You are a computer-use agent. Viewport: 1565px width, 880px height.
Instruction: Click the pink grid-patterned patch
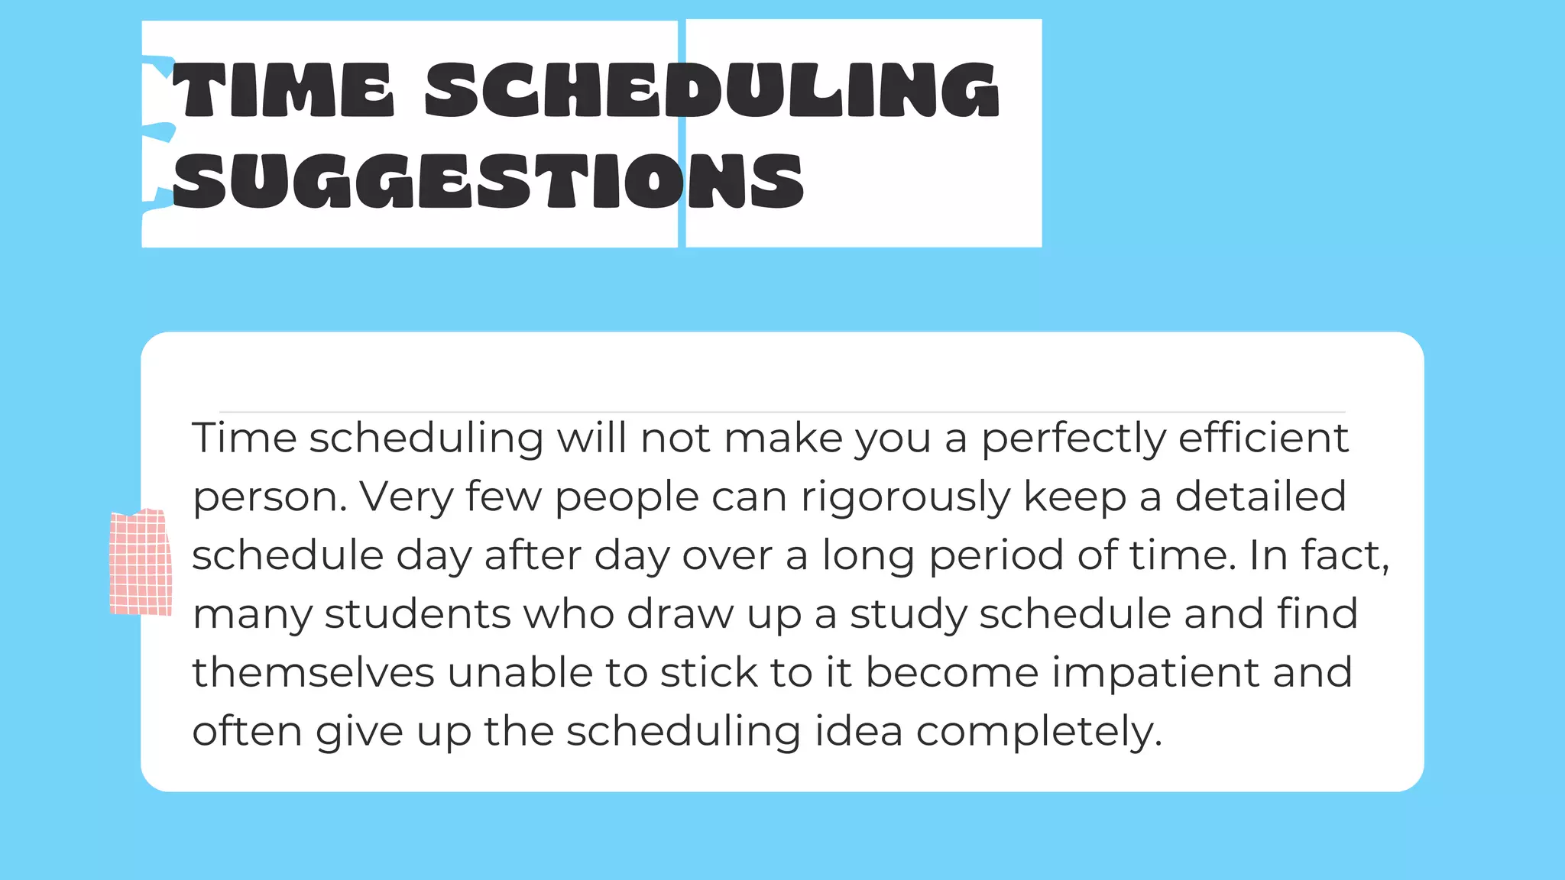click(x=141, y=562)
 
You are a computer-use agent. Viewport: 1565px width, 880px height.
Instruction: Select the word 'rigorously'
click(x=906, y=498)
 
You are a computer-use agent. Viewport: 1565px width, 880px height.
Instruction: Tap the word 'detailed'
click(x=1260, y=497)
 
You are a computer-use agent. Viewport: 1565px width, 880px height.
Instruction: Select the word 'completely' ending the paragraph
click(x=1038, y=733)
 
